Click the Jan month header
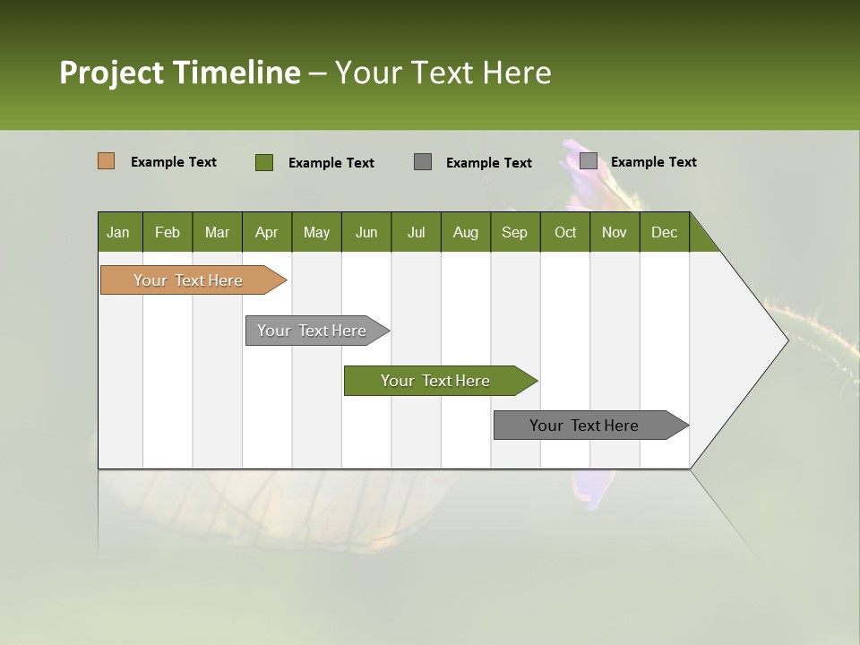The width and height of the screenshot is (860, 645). (118, 232)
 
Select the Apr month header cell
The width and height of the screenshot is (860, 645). (266, 232)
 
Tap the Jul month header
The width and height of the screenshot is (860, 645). (416, 232)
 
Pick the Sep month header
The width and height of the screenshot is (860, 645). (514, 232)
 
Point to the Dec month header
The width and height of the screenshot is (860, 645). (664, 232)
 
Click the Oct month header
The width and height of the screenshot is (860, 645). (565, 232)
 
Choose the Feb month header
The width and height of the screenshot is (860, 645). (168, 232)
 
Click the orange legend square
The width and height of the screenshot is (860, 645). (106, 161)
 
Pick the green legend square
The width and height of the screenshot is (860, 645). (263, 162)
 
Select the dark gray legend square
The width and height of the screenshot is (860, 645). (423, 161)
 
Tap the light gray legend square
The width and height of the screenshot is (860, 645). (588, 160)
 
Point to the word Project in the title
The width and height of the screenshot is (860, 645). (112, 73)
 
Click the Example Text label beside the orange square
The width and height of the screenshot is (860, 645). (174, 162)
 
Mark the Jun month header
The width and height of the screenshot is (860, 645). (366, 232)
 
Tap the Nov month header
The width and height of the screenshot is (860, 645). (615, 232)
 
